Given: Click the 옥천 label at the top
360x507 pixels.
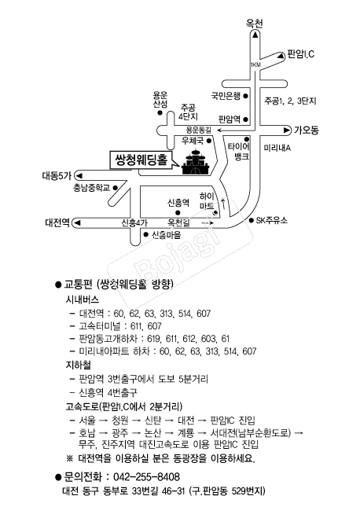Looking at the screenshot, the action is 255,24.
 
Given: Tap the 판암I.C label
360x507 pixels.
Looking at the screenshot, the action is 301,54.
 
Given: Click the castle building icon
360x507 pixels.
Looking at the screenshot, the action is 196,162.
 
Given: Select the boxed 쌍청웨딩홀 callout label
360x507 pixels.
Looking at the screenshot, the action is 141,160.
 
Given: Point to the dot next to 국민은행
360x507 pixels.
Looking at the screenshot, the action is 245,96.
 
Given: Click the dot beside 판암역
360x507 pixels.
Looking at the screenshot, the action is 245,119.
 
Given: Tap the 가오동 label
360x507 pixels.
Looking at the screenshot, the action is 306,130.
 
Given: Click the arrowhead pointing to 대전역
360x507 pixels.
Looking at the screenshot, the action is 78,222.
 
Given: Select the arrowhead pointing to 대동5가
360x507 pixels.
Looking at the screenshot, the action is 79,176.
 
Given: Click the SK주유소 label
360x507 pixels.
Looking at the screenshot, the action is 271,221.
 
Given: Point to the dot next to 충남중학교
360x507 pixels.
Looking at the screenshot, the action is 115,188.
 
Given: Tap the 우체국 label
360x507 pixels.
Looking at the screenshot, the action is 193,141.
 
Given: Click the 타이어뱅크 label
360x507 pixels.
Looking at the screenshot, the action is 238,152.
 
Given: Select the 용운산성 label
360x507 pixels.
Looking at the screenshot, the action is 160,100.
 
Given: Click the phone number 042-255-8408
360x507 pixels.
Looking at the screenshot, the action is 146,477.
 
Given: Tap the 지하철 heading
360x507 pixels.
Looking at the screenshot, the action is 79,365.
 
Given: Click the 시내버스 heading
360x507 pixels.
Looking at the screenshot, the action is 83,299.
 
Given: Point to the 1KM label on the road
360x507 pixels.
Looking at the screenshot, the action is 255,65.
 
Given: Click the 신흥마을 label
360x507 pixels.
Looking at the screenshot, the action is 167,235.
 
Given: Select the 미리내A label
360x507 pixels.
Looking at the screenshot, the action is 277,148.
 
